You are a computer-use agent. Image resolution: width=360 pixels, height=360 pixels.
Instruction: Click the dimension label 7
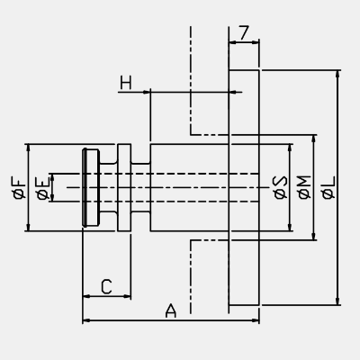tap(245, 32)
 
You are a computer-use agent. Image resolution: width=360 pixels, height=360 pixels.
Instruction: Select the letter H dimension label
tap(126, 83)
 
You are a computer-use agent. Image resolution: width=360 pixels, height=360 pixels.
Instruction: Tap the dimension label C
tap(106, 286)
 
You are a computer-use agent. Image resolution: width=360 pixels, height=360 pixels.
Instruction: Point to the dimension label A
tap(171, 310)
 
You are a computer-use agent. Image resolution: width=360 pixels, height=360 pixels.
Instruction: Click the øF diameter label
tap(19, 188)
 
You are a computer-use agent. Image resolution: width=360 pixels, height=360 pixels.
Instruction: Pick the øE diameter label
tap(42, 188)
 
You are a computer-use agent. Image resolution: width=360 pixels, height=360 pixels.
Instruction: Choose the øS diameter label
tap(281, 187)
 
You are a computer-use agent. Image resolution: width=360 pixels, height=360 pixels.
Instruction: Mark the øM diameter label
tap(305, 187)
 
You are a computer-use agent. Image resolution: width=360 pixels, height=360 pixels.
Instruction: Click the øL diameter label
tap(328, 188)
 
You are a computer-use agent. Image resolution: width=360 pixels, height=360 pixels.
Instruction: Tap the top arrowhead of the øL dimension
tap(338, 74)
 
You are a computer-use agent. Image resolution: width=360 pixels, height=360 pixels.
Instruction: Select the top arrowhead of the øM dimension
tap(314, 139)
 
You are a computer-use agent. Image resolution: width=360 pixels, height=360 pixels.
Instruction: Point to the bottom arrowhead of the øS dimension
tap(290, 227)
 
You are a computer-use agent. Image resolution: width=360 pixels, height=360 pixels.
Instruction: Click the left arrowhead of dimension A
tap(86, 320)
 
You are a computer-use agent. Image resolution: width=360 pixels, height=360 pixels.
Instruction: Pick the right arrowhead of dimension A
tap(255, 320)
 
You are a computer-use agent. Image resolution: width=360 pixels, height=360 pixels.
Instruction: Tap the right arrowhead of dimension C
tap(127, 296)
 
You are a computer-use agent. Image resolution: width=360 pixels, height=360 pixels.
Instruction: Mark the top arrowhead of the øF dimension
tap(28, 148)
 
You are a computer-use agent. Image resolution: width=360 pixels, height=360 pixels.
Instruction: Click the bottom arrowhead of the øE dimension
tap(52, 197)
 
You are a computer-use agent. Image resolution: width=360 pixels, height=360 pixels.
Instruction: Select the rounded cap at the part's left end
tap(91, 187)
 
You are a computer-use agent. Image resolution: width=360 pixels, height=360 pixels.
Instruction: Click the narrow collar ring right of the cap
tap(124, 187)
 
